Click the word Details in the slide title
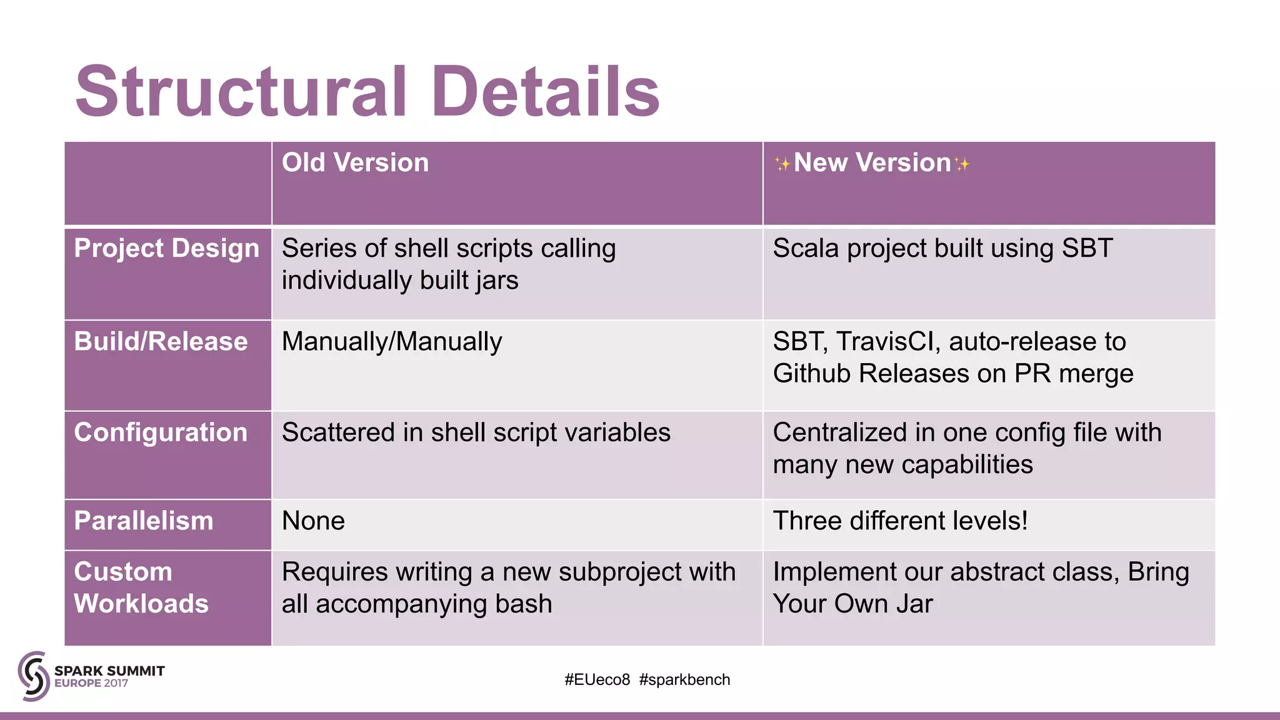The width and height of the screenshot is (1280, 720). [x=545, y=92]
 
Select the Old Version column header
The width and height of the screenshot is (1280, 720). [x=355, y=163]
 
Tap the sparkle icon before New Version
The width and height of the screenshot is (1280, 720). [x=782, y=164]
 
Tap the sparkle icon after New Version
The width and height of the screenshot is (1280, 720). [x=962, y=164]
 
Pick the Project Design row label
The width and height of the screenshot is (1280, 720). [x=166, y=249]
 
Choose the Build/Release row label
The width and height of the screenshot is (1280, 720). [x=161, y=342]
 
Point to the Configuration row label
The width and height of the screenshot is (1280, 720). [x=161, y=432]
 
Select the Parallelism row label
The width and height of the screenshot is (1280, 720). [x=144, y=521]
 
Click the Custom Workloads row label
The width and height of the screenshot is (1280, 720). [x=141, y=587]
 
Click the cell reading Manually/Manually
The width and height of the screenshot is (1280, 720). [x=392, y=342]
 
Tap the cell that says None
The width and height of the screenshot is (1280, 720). [x=313, y=521]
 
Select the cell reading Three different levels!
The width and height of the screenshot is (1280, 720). [x=900, y=521]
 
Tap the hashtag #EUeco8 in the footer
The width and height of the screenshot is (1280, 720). [x=597, y=680]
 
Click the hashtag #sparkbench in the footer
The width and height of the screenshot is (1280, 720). [x=684, y=680]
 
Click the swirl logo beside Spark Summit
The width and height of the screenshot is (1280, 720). [x=34, y=676]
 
